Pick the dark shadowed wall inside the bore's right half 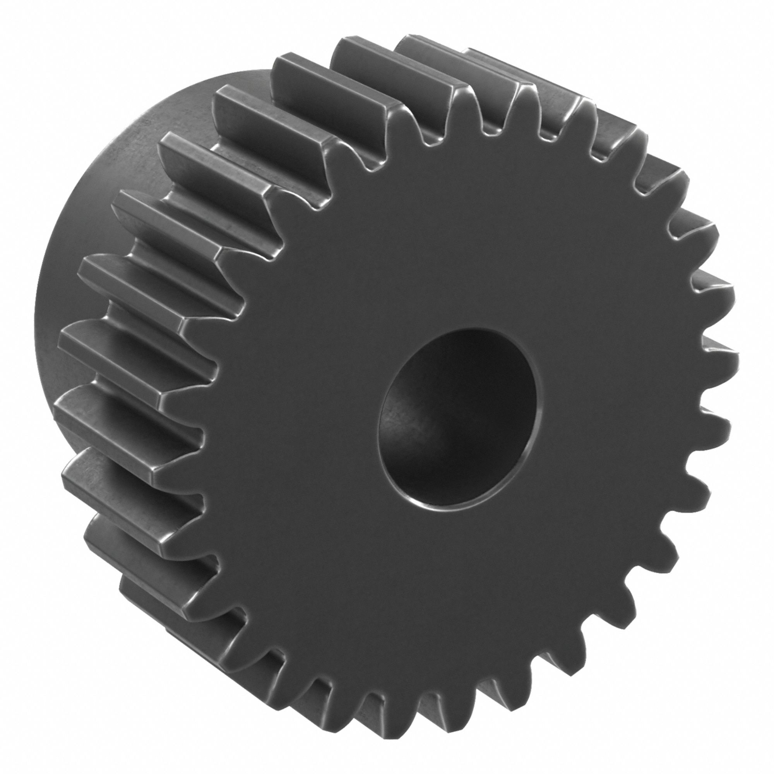[x=501, y=401]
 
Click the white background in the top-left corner [x=24, y=24]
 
